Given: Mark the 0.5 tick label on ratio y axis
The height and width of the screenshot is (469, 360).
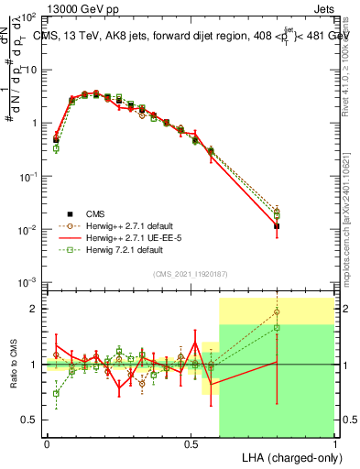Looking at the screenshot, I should pos(30,420).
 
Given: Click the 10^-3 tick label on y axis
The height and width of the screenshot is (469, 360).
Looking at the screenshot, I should pos(29,282).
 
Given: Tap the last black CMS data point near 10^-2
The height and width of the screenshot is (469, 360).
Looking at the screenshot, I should pos(277,225).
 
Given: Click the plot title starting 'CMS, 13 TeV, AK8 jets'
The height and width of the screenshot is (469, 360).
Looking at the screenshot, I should pos(191,36).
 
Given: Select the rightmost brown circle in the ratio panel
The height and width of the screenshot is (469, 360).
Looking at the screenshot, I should pos(277,312).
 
